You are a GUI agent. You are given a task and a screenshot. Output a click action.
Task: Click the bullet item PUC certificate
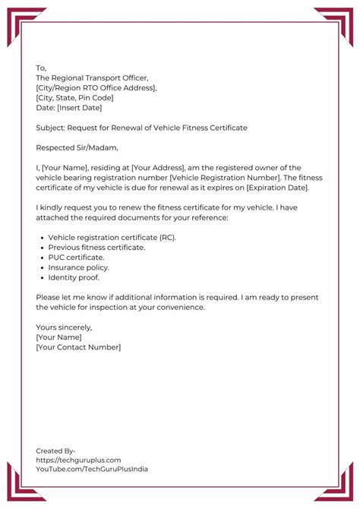click(x=77, y=258)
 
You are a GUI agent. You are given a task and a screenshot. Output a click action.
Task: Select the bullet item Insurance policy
click(x=79, y=267)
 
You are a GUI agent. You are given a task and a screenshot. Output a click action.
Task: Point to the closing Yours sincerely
click(x=64, y=327)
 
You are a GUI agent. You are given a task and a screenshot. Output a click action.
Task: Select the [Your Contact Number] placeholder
click(x=78, y=347)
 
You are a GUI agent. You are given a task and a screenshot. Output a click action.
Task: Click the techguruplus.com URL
click(x=78, y=460)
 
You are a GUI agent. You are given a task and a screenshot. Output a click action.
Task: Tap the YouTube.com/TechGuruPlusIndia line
click(x=92, y=469)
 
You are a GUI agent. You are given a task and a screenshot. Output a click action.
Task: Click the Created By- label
click(x=55, y=451)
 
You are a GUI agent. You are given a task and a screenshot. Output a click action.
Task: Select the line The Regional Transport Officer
click(x=92, y=77)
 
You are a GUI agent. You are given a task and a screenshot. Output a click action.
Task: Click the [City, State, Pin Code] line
click(x=74, y=97)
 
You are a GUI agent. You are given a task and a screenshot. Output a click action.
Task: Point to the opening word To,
click(x=41, y=68)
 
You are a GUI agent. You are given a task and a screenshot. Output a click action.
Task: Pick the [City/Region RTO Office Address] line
click(x=96, y=87)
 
